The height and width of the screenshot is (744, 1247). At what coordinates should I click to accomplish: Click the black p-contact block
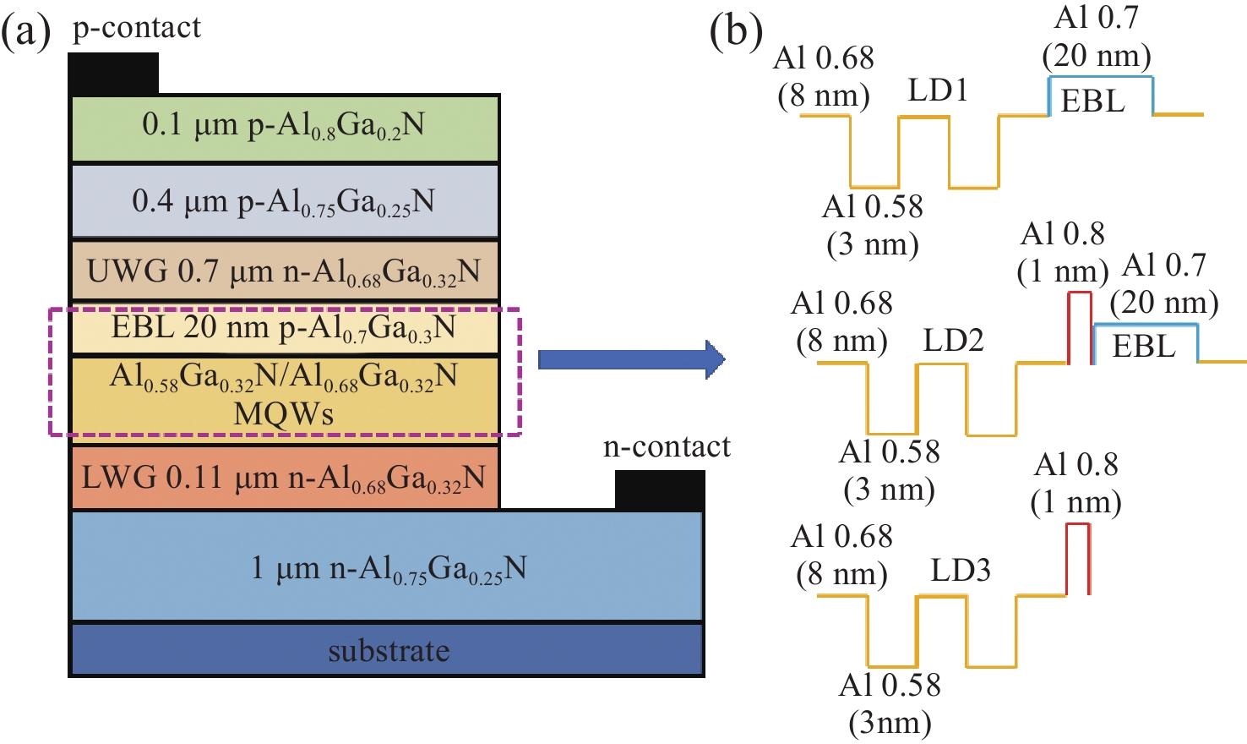coord(113,74)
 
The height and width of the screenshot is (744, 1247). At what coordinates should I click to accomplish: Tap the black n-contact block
coord(659,490)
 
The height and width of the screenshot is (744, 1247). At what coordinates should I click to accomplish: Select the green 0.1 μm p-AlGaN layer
coord(285,127)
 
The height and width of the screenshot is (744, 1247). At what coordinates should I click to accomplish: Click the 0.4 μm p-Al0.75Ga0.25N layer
coord(285,201)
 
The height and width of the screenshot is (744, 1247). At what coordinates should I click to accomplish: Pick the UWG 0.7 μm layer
coord(285,271)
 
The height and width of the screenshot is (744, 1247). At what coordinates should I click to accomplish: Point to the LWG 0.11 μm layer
coord(285,479)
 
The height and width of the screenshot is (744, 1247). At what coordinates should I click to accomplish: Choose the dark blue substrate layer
coord(387,650)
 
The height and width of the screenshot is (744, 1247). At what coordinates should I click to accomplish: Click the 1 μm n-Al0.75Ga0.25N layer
coord(387,566)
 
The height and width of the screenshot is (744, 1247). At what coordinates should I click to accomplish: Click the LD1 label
coord(938,90)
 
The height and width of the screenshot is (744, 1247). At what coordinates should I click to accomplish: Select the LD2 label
coord(953,340)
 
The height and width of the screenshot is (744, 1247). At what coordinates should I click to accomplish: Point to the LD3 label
coord(961,571)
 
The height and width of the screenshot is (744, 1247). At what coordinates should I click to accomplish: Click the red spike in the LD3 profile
coord(1077,558)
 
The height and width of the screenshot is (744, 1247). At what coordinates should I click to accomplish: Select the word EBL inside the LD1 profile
coord(1092,101)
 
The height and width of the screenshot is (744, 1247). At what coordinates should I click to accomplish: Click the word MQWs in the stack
coord(283,414)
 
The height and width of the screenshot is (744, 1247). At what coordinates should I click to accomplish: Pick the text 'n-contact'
coord(667,446)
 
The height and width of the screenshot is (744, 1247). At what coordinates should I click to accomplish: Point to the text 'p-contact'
coord(137,27)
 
